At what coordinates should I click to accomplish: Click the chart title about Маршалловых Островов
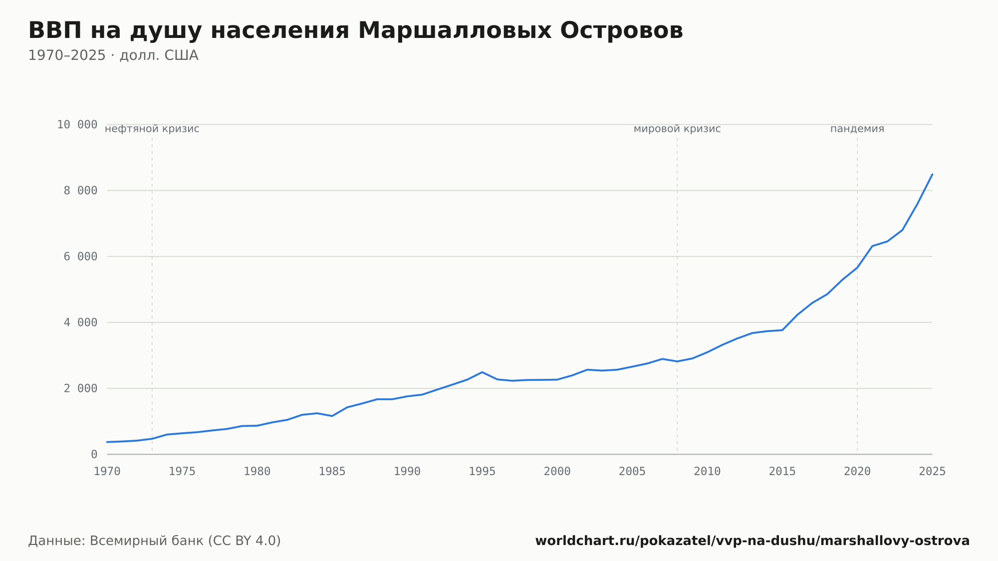tap(355, 31)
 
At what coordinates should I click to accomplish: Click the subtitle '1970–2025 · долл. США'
tap(113, 55)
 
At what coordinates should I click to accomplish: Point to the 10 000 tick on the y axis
tap(77, 124)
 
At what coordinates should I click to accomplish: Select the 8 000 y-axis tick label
tap(80, 190)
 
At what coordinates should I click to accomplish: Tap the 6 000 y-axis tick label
tap(80, 257)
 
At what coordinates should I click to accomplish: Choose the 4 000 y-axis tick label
tap(80, 322)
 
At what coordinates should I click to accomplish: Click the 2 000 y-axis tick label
tap(80, 388)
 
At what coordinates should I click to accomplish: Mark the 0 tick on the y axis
tap(94, 454)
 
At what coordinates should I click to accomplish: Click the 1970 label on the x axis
tap(107, 472)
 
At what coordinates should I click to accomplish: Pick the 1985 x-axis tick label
tap(332, 472)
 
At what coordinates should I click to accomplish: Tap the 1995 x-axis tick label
tap(482, 472)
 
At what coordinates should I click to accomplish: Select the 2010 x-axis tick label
tap(707, 472)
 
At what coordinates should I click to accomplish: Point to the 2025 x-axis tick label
tap(932, 472)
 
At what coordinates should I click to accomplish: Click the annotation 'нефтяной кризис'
tap(152, 129)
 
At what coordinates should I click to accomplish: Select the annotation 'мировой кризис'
tap(677, 129)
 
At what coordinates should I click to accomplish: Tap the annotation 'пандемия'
tap(857, 129)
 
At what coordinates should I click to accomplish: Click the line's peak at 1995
tap(482, 372)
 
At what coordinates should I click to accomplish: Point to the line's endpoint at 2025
tap(932, 174)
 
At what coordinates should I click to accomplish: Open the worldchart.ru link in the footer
tap(752, 541)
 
